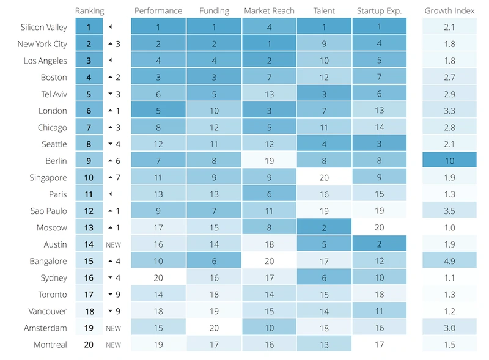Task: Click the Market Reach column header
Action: (x=269, y=11)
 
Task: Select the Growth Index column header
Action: (x=449, y=11)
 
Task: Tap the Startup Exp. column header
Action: (x=379, y=11)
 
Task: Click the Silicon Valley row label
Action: (x=43, y=28)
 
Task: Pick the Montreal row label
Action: (x=50, y=345)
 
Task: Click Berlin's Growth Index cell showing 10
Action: (x=449, y=161)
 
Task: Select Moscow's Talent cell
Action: (x=324, y=227)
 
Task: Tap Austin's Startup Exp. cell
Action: (x=379, y=244)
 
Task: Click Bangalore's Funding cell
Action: (x=214, y=261)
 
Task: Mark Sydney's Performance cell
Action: (x=158, y=278)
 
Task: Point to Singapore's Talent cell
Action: (x=324, y=178)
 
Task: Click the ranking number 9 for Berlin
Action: (x=89, y=161)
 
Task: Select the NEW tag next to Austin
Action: (x=113, y=244)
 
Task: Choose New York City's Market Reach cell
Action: (x=269, y=44)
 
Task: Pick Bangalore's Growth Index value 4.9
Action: (x=449, y=261)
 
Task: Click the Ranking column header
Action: (x=89, y=11)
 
